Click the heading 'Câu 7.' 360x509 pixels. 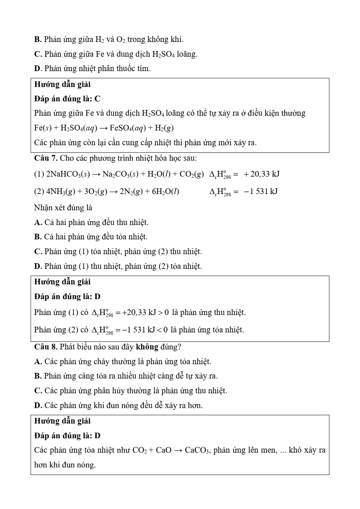(46, 158)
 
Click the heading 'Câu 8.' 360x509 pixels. (46, 347)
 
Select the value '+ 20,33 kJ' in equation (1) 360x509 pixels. (262, 174)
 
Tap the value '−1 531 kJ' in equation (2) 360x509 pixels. (261, 191)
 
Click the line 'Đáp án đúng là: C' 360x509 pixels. (67, 99)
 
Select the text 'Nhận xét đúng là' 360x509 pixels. (63, 208)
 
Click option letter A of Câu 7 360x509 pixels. (38, 222)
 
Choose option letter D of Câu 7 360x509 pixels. (38, 266)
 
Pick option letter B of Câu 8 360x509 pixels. (38, 376)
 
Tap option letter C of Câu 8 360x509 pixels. (38, 391)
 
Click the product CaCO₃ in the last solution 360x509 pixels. (197, 450)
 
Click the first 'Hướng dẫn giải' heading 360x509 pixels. (62, 84)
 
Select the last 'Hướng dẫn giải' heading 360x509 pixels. (62, 421)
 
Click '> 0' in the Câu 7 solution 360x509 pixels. (163, 313)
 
